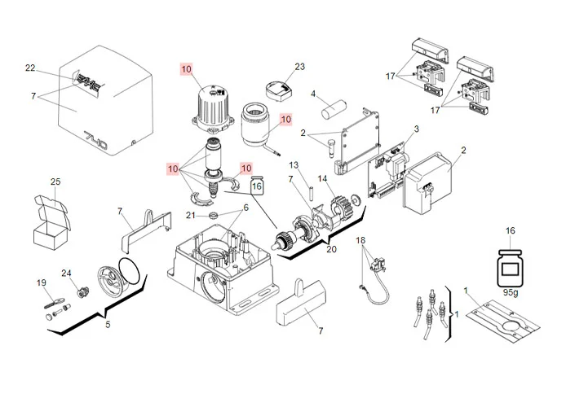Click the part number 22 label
click(x=30, y=68)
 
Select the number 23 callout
click(x=299, y=67)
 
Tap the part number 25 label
click(x=55, y=182)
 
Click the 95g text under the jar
click(x=511, y=291)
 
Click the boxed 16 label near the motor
click(x=257, y=186)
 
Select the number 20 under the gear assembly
click(x=331, y=249)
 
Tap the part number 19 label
click(x=41, y=282)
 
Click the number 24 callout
click(x=67, y=273)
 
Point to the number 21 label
click(x=190, y=216)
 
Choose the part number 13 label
click(x=294, y=165)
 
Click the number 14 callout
click(x=322, y=178)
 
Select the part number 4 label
click(x=313, y=94)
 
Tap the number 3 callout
click(x=416, y=129)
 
